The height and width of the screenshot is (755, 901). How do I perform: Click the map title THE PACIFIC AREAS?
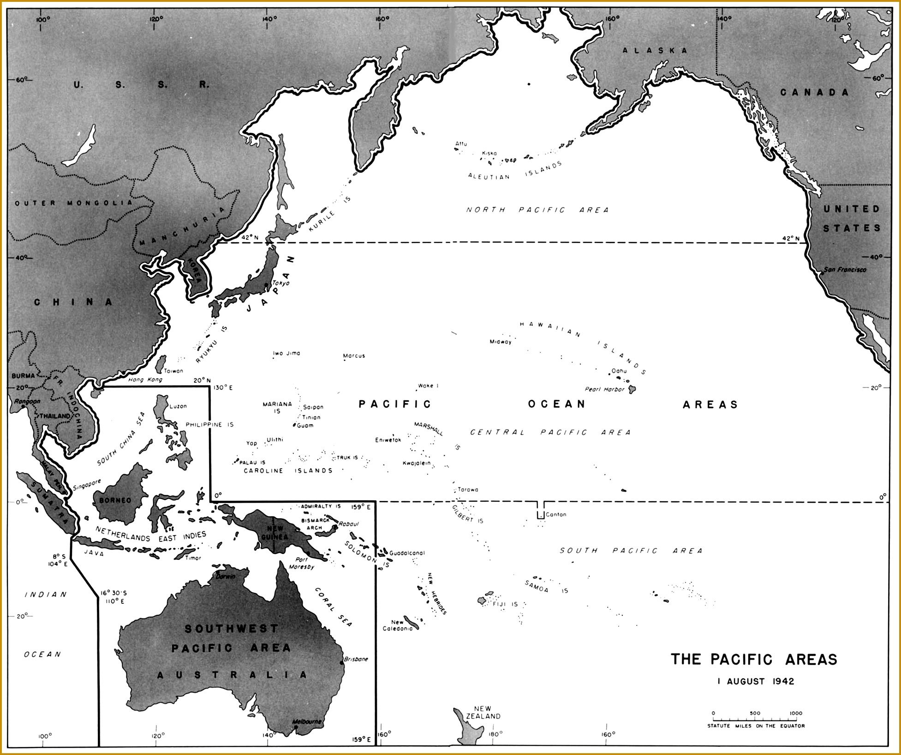pyautogui.click(x=754, y=659)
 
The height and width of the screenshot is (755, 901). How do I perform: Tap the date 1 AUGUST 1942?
pyautogui.click(x=756, y=681)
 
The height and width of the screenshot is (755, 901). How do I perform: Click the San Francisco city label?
pyautogui.click(x=845, y=270)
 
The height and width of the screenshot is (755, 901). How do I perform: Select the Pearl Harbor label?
pyautogui.click(x=604, y=389)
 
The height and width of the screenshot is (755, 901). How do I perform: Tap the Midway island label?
pyautogui.click(x=501, y=342)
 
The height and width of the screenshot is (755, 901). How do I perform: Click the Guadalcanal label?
pyautogui.click(x=407, y=553)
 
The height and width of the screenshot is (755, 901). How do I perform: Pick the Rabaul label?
pyautogui.click(x=348, y=524)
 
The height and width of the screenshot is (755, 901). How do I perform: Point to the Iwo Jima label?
pyautogui.click(x=286, y=353)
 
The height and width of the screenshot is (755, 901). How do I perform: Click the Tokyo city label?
pyautogui.click(x=280, y=283)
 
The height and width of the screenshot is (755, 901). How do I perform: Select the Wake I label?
pyautogui.click(x=428, y=386)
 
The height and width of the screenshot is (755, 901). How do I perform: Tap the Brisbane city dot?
pyautogui.click(x=342, y=663)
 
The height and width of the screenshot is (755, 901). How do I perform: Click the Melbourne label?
pyautogui.click(x=307, y=721)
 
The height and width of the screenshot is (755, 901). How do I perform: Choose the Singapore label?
pyautogui.click(x=87, y=484)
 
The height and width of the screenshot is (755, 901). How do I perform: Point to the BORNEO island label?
pyautogui.click(x=115, y=500)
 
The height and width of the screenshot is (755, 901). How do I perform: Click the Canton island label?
pyautogui.click(x=555, y=514)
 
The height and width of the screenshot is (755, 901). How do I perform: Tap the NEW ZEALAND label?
pyautogui.click(x=483, y=713)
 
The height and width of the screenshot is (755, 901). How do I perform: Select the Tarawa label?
pyautogui.click(x=468, y=490)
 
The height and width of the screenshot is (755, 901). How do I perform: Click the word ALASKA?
pyautogui.click(x=655, y=50)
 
